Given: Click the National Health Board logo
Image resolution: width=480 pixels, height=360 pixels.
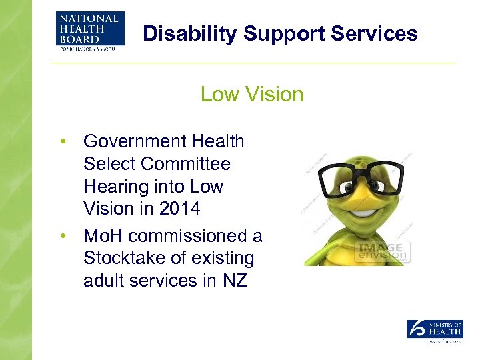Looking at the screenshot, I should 89,31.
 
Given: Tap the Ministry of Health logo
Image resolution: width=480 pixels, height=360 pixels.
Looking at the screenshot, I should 435,331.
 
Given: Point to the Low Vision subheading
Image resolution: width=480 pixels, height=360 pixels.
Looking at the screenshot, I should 252,94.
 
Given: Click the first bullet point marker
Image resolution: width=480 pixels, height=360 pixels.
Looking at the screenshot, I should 62,141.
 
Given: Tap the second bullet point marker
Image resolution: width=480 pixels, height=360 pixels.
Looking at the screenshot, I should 62,236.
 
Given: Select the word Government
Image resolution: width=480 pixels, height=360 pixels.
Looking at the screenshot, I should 134,141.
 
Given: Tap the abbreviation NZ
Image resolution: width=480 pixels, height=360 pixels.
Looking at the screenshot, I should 235,281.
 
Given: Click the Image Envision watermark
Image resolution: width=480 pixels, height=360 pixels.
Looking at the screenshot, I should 383,251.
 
